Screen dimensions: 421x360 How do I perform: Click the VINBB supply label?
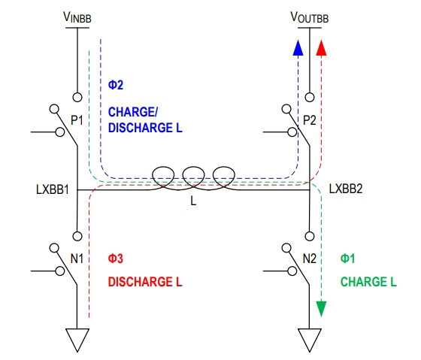77,17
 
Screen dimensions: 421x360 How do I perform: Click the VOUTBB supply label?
310,17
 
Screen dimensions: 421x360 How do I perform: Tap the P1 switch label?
77,120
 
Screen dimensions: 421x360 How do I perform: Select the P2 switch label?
309,120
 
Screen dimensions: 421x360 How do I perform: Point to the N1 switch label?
77,259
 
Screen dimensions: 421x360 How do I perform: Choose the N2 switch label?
310,259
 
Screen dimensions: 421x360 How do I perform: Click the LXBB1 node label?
53,189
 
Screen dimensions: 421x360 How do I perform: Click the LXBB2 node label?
346,189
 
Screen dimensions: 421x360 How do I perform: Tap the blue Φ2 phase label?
116,85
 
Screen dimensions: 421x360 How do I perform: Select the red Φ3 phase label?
116,259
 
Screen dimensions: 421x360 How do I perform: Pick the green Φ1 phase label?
347,259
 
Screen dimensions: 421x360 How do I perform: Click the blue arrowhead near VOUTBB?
298,48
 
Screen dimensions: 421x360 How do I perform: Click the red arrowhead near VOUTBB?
321,48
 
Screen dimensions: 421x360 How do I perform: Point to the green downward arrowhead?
321,309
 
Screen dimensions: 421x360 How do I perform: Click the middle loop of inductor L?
194,168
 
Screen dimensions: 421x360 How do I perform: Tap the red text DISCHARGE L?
145,282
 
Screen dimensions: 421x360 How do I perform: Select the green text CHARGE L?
368,282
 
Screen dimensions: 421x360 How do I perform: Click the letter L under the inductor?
193,201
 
